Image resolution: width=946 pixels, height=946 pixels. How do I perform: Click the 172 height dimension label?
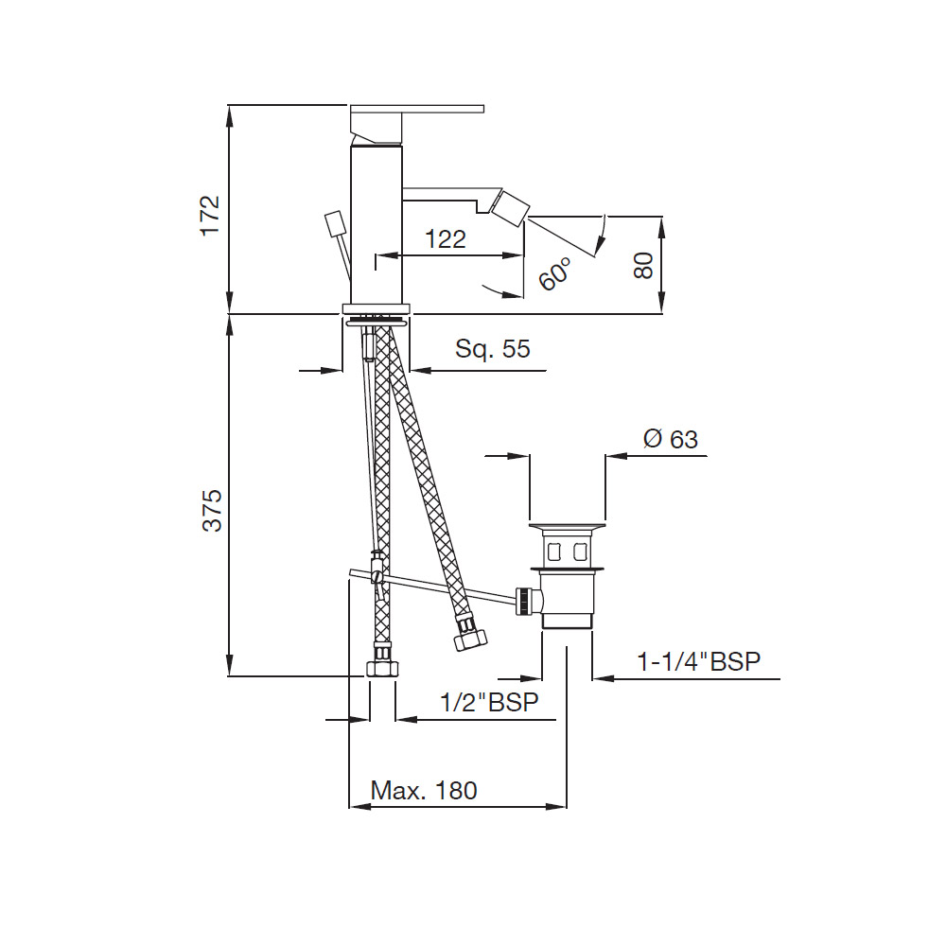pyautogui.click(x=211, y=216)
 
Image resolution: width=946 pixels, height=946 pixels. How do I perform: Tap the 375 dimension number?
pyautogui.click(x=212, y=511)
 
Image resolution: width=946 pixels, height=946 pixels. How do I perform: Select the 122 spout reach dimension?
pyautogui.click(x=446, y=239)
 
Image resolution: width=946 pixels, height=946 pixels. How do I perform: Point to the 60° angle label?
pyautogui.click(x=554, y=273)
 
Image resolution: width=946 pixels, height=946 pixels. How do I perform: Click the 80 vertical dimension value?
pyautogui.click(x=643, y=266)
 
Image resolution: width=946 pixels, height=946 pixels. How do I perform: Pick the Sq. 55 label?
pyautogui.click(x=492, y=349)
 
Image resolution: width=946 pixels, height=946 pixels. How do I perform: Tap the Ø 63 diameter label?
pyautogui.click(x=671, y=439)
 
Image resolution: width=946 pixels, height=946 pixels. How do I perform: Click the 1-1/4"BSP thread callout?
pyautogui.click(x=699, y=662)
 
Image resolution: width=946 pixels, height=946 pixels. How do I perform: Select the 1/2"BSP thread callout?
pyautogui.click(x=489, y=702)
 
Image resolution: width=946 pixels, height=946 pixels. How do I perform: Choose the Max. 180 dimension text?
pyautogui.click(x=424, y=790)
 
